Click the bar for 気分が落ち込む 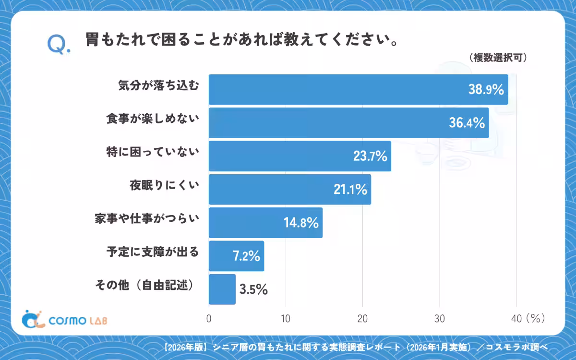[359, 89]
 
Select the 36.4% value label [467, 123]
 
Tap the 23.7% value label [370, 156]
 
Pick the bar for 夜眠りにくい [290, 189]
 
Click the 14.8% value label [301, 223]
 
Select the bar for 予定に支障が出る [236, 256]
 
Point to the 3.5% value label [253, 289]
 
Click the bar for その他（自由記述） [222, 289]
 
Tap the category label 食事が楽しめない [153, 119]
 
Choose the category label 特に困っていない [153, 152]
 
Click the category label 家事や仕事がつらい [147, 218]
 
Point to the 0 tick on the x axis [209, 319]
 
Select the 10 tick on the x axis [286, 319]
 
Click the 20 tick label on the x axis [362, 319]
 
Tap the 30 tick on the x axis [440, 319]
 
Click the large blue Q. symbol [59, 45]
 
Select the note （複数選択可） [498, 58]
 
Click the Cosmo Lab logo [64, 319]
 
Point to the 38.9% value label [486, 89]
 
